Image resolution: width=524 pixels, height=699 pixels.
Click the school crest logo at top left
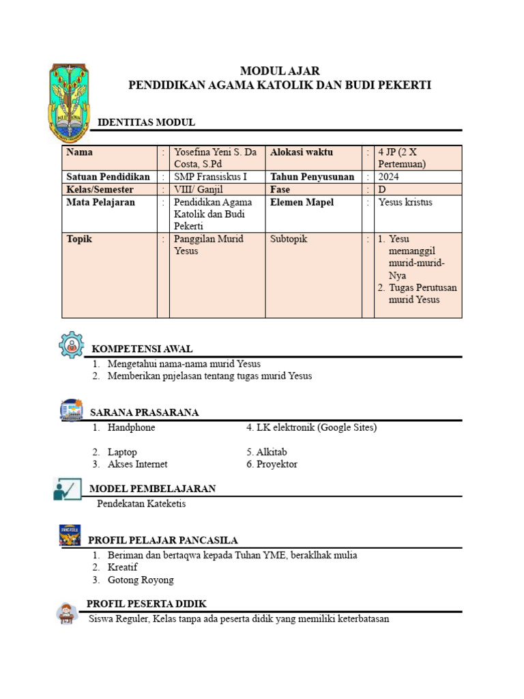click(68, 102)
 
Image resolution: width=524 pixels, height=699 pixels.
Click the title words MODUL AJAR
click(280, 71)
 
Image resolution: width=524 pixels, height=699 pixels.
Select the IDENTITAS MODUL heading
click(147, 122)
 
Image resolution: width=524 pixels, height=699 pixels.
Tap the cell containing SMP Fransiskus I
click(211, 177)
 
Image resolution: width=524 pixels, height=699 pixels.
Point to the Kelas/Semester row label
click(100, 189)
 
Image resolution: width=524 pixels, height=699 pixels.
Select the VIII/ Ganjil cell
click(199, 189)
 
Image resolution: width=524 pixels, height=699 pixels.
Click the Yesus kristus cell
click(405, 202)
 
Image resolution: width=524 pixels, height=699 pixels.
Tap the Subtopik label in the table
click(289, 239)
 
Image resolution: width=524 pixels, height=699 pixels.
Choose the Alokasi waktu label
click(302, 152)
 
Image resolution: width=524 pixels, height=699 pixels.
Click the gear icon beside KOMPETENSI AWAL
click(71, 345)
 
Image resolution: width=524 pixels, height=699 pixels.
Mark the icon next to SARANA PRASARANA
click(71, 410)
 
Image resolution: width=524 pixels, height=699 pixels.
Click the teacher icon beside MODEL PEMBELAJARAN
click(67, 489)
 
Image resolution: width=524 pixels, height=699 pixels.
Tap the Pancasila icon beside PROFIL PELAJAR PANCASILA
click(70, 535)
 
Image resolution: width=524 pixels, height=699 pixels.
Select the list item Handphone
click(131, 427)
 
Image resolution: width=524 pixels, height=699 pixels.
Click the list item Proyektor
click(276, 464)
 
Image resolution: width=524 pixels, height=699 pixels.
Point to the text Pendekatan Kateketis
click(141, 504)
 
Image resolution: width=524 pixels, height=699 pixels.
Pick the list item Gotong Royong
click(141, 580)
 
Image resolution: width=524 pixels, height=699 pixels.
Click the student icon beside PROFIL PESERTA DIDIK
click(67, 612)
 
